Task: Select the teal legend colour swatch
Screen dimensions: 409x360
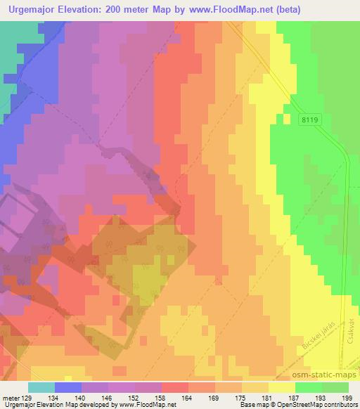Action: tap(41, 387)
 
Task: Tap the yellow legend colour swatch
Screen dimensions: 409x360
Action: tap(282, 387)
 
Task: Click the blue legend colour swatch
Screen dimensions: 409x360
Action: tap(68, 387)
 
